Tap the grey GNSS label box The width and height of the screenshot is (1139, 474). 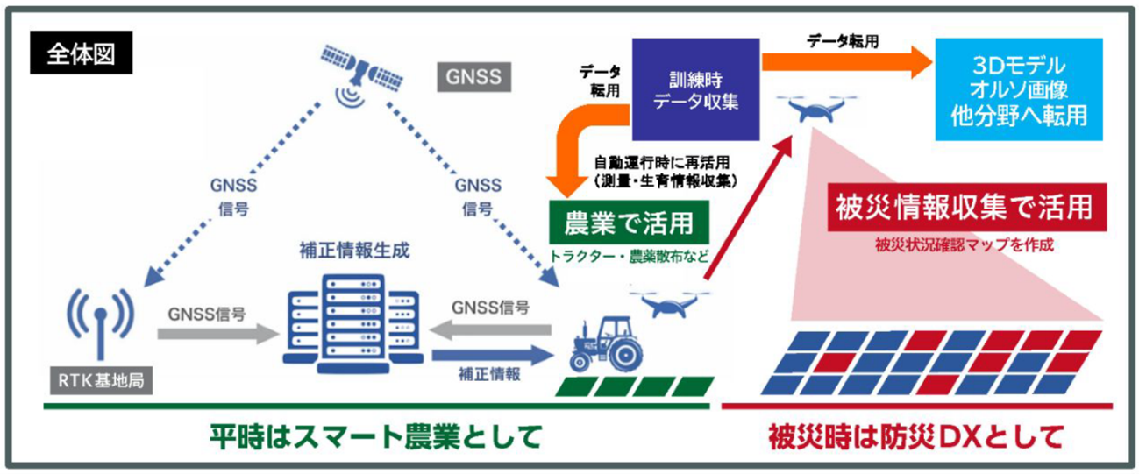473,76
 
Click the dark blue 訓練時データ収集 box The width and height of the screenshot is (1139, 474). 694,89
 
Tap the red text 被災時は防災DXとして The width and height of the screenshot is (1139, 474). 915,435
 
